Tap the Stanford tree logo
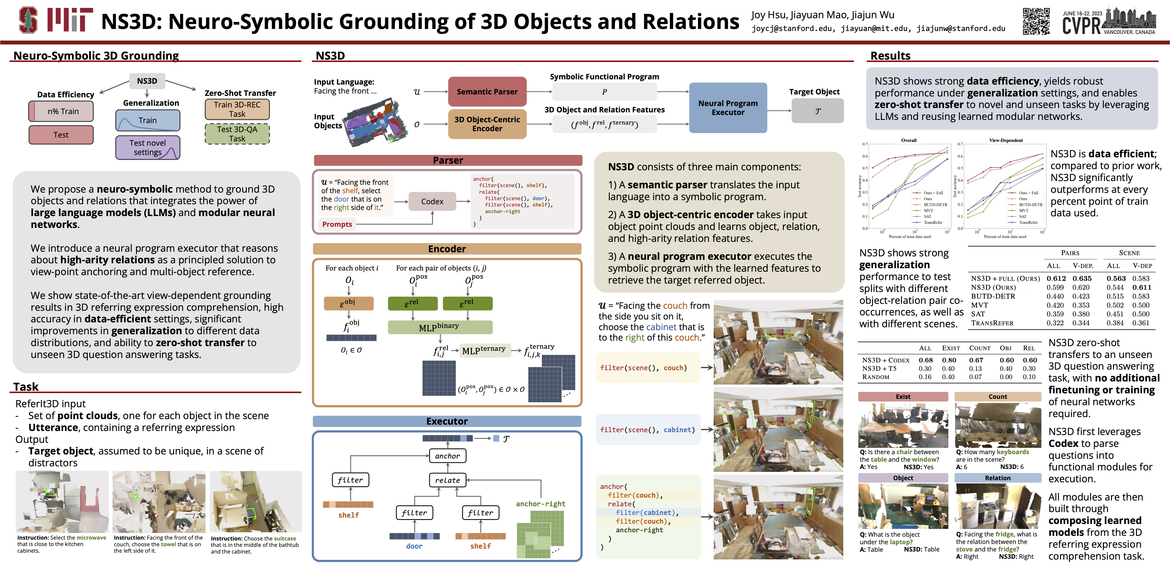pos(28,20)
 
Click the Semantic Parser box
pos(487,92)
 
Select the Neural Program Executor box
pos(728,108)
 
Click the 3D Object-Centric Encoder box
pos(487,124)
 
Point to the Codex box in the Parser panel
pos(432,202)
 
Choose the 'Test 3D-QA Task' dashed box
pos(237,134)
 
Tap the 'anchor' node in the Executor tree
pos(447,456)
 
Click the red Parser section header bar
pos(448,160)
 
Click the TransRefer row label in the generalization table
pos(992,323)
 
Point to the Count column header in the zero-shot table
pos(980,348)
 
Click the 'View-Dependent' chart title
pos(1006,140)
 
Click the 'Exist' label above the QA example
pos(903,397)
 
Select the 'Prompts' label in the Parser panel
pos(337,224)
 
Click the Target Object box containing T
pos(817,111)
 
